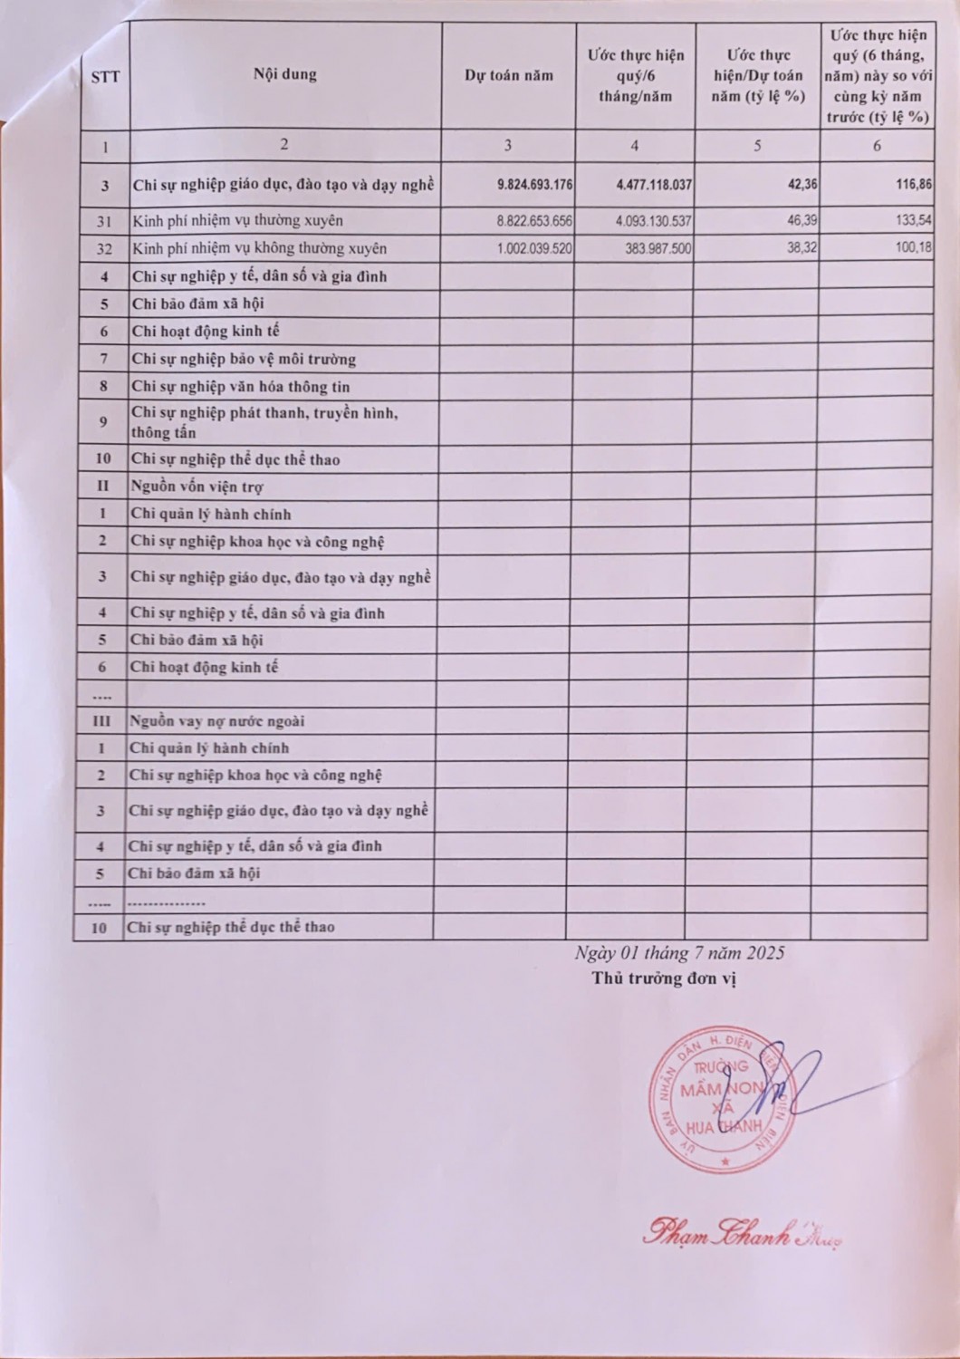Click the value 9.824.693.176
[x=534, y=185]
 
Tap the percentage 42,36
[x=802, y=185]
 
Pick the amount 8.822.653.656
[x=534, y=220]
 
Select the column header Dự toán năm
[x=508, y=75]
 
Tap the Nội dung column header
[x=285, y=74]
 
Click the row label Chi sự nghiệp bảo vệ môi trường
[x=244, y=359]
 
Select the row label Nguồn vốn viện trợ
[x=197, y=487]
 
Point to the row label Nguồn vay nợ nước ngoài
[x=216, y=721]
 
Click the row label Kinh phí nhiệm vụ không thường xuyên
[x=259, y=248]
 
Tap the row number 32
[x=105, y=248]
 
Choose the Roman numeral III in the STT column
[x=101, y=721]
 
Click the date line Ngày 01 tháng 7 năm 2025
[x=679, y=953]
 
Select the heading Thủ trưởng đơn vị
[x=664, y=978]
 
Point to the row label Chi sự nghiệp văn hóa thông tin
[x=241, y=387]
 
